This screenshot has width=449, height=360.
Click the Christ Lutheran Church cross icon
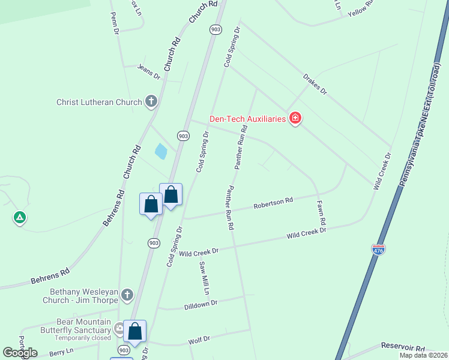(151, 102)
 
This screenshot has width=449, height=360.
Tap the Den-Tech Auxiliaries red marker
(295, 118)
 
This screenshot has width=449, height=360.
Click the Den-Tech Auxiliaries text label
(247, 119)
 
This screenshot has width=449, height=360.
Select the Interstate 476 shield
(378, 248)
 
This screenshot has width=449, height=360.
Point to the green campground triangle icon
(20, 217)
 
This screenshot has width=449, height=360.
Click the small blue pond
(161, 151)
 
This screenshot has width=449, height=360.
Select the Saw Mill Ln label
(203, 278)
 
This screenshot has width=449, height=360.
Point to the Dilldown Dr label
(200, 304)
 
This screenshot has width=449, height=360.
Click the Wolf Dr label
(199, 340)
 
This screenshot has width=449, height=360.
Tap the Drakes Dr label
(315, 84)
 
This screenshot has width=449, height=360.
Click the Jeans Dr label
(149, 71)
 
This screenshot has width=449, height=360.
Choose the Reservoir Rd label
(403, 348)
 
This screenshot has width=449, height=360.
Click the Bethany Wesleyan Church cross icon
(126, 295)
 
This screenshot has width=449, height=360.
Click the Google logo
(20, 353)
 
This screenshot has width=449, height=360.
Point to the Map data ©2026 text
(423, 355)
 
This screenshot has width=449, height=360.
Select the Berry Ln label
(61, 352)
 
